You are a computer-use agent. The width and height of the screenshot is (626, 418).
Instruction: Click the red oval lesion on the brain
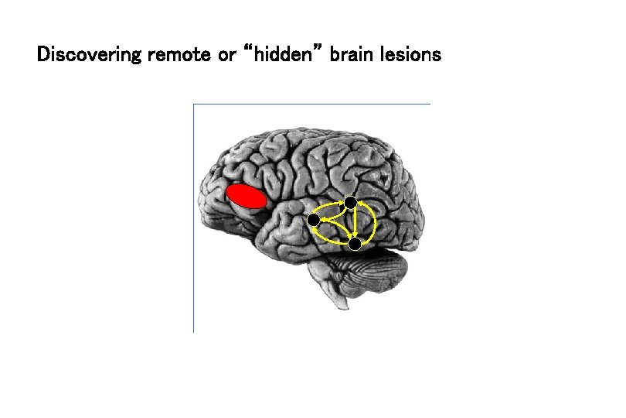click(247, 197)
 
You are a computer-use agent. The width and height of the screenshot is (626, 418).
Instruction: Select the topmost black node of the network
click(351, 202)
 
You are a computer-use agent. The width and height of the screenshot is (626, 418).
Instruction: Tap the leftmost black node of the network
click(314, 221)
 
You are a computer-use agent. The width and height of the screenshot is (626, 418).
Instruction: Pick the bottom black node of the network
click(354, 244)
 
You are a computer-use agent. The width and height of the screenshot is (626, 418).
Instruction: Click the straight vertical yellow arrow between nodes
click(352, 223)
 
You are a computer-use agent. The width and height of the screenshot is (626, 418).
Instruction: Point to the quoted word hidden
click(284, 56)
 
